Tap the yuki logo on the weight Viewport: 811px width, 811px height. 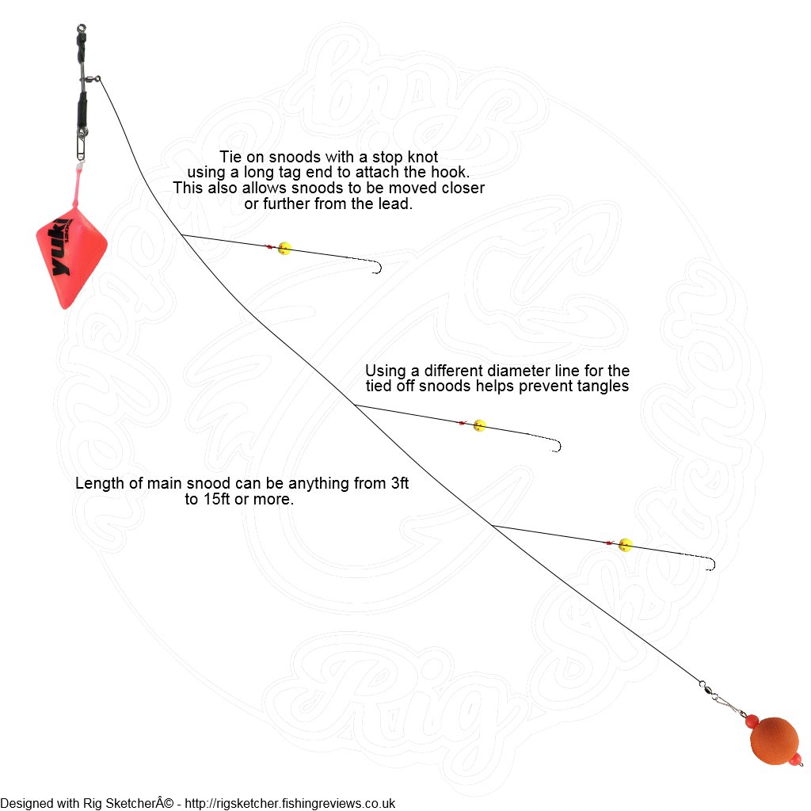61,246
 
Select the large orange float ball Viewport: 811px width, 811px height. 773,741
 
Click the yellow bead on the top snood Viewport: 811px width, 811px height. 284,248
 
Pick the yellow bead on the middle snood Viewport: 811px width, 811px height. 479,425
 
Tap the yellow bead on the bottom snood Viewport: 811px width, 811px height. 626,545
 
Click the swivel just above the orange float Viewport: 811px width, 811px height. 707,689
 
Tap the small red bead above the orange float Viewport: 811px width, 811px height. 752,719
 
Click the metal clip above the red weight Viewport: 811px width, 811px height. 80,145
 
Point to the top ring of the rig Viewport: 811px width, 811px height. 81,28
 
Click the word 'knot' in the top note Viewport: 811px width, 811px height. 422,157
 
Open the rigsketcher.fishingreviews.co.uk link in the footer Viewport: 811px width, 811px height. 290,803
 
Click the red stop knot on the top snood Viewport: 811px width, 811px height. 269,247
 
